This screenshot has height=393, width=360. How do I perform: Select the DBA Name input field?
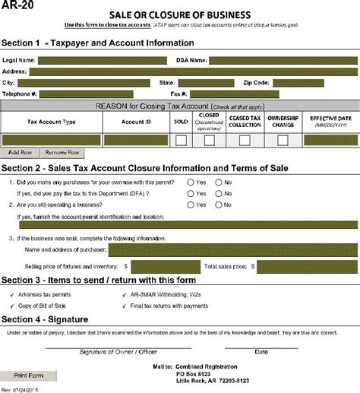[282, 60]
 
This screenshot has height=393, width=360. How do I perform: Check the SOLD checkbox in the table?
[182, 140]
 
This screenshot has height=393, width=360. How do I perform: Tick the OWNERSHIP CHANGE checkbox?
[283, 140]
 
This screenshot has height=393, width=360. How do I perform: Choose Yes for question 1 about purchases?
[190, 182]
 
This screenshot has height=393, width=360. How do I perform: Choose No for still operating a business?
[219, 204]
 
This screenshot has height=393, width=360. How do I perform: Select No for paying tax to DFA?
[219, 193]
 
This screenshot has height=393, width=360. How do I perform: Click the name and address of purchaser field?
[232, 249]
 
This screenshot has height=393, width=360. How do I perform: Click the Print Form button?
[30, 376]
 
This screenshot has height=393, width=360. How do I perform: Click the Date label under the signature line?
[261, 352]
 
